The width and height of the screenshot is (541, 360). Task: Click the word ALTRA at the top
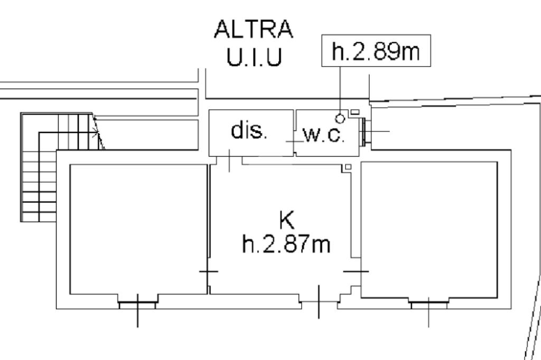[x=254, y=29]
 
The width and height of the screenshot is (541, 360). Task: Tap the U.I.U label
[x=254, y=57]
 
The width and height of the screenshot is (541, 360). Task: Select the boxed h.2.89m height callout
[x=376, y=50]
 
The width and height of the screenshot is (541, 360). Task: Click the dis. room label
[x=249, y=130]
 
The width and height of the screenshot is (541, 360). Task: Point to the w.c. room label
[x=324, y=135]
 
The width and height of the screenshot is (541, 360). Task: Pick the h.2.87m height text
[x=286, y=244]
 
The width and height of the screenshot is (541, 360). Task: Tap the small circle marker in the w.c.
[x=340, y=119]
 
